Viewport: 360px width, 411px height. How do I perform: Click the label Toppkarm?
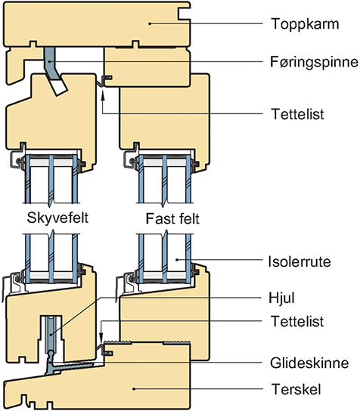(305, 24)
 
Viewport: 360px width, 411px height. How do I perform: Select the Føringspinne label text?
(315, 62)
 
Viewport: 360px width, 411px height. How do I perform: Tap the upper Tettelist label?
(297, 114)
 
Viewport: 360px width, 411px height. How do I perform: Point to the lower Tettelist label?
(297, 321)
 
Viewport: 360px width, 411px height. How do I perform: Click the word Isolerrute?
(299, 261)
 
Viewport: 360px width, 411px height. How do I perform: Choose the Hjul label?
(281, 298)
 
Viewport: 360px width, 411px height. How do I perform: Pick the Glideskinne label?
(309, 363)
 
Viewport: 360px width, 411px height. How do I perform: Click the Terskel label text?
(296, 389)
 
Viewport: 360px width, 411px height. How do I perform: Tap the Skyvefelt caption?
(57, 218)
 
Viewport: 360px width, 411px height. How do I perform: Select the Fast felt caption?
(172, 218)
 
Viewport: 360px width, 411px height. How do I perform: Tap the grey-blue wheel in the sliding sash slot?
(51, 334)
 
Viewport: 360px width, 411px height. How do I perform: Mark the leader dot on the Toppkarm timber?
(150, 23)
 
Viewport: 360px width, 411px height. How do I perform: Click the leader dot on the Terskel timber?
(134, 389)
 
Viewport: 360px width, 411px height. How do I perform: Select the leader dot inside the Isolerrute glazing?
(177, 260)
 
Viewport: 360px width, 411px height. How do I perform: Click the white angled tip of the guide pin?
(59, 88)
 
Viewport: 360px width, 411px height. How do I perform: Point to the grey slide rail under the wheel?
(70, 365)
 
